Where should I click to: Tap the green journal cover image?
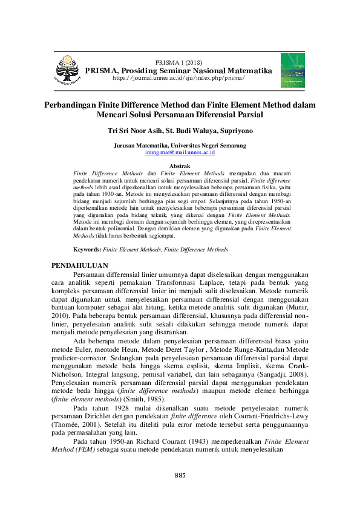point(292,69)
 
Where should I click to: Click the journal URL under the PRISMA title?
point(179,79)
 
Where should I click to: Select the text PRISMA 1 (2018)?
point(179,63)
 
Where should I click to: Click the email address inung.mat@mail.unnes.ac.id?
point(180,153)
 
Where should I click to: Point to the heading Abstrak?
point(180,166)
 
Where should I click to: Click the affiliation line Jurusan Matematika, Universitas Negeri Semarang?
point(180,146)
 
